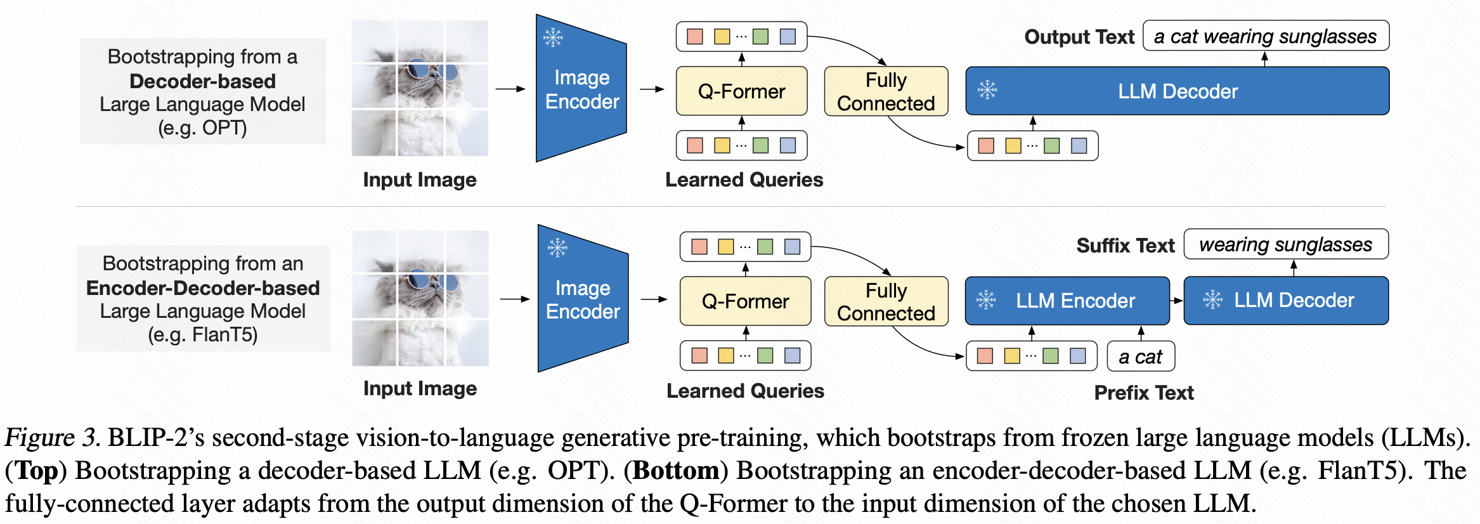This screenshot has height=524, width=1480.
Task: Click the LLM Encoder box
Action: click(1067, 301)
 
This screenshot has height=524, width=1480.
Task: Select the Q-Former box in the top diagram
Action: click(741, 91)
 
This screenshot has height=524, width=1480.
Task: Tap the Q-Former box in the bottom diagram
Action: click(745, 301)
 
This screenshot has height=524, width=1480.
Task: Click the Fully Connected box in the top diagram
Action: click(886, 91)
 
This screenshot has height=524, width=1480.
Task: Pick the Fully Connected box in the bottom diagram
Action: click(886, 301)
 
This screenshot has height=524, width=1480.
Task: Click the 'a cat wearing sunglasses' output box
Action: click(1266, 36)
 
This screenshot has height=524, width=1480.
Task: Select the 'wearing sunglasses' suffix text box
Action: click(1286, 244)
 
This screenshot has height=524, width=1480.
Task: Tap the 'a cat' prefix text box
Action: click(1141, 357)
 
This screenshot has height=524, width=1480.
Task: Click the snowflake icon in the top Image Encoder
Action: click(553, 37)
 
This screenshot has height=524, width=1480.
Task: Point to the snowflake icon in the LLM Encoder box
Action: click(986, 300)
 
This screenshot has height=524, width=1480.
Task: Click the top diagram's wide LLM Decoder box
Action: click(1178, 91)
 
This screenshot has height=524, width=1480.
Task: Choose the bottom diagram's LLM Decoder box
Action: click(1287, 300)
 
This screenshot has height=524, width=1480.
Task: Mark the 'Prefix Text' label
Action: click(1144, 393)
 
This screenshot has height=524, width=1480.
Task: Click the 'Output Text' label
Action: click(1079, 37)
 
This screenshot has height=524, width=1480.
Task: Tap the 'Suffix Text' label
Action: click(1126, 246)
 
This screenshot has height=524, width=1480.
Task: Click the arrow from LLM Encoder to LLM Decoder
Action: click(1176, 301)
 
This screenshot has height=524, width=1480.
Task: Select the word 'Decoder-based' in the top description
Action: click(202, 81)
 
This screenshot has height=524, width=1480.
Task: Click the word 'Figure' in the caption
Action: click(39, 438)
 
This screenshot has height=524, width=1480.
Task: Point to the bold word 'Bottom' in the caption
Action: click(676, 471)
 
